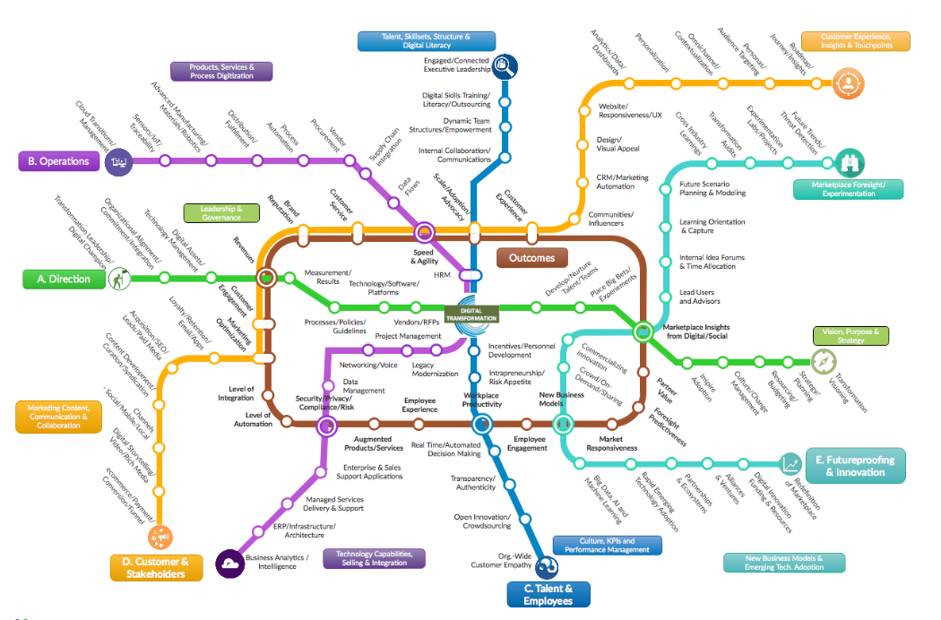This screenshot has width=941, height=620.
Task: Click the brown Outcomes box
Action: coord(531,258)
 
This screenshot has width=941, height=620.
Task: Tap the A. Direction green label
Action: coord(64,279)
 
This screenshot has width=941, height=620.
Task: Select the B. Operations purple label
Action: coord(58,161)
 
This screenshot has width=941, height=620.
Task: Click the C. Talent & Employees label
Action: coord(548,594)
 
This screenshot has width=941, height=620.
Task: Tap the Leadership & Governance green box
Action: coord(221,212)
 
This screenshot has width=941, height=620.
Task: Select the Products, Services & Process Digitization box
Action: coord(221,71)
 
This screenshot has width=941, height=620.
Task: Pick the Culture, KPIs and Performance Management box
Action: coord(607,545)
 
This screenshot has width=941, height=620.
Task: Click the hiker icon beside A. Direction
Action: coord(117,280)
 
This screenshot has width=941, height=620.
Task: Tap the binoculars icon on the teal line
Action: coord(849,163)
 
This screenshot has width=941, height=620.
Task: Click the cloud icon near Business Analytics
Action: coord(229,564)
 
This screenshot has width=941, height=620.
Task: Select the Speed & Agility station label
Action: coord(423,257)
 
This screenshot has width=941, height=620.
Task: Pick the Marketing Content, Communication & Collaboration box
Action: coord(58,417)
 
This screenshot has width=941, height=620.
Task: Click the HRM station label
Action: coord(442,275)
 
